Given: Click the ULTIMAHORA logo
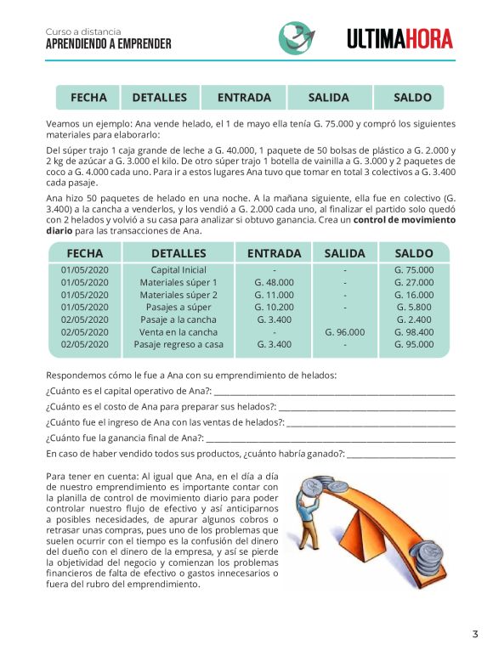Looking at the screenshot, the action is click(x=399, y=38).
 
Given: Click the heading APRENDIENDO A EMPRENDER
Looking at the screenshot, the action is click(x=109, y=43).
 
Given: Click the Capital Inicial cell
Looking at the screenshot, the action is click(x=178, y=270).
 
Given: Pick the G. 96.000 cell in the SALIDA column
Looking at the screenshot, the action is click(x=345, y=332).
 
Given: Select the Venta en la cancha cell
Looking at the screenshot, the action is click(x=178, y=332).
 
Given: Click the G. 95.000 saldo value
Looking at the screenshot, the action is click(x=413, y=344).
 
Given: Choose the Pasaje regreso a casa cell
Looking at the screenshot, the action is click(x=178, y=344).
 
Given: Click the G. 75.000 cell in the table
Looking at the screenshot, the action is click(x=413, y=270).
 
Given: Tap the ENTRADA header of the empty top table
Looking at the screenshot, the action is click(x=244, y=98).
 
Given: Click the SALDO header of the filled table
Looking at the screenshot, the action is click(x=413, y=253).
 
